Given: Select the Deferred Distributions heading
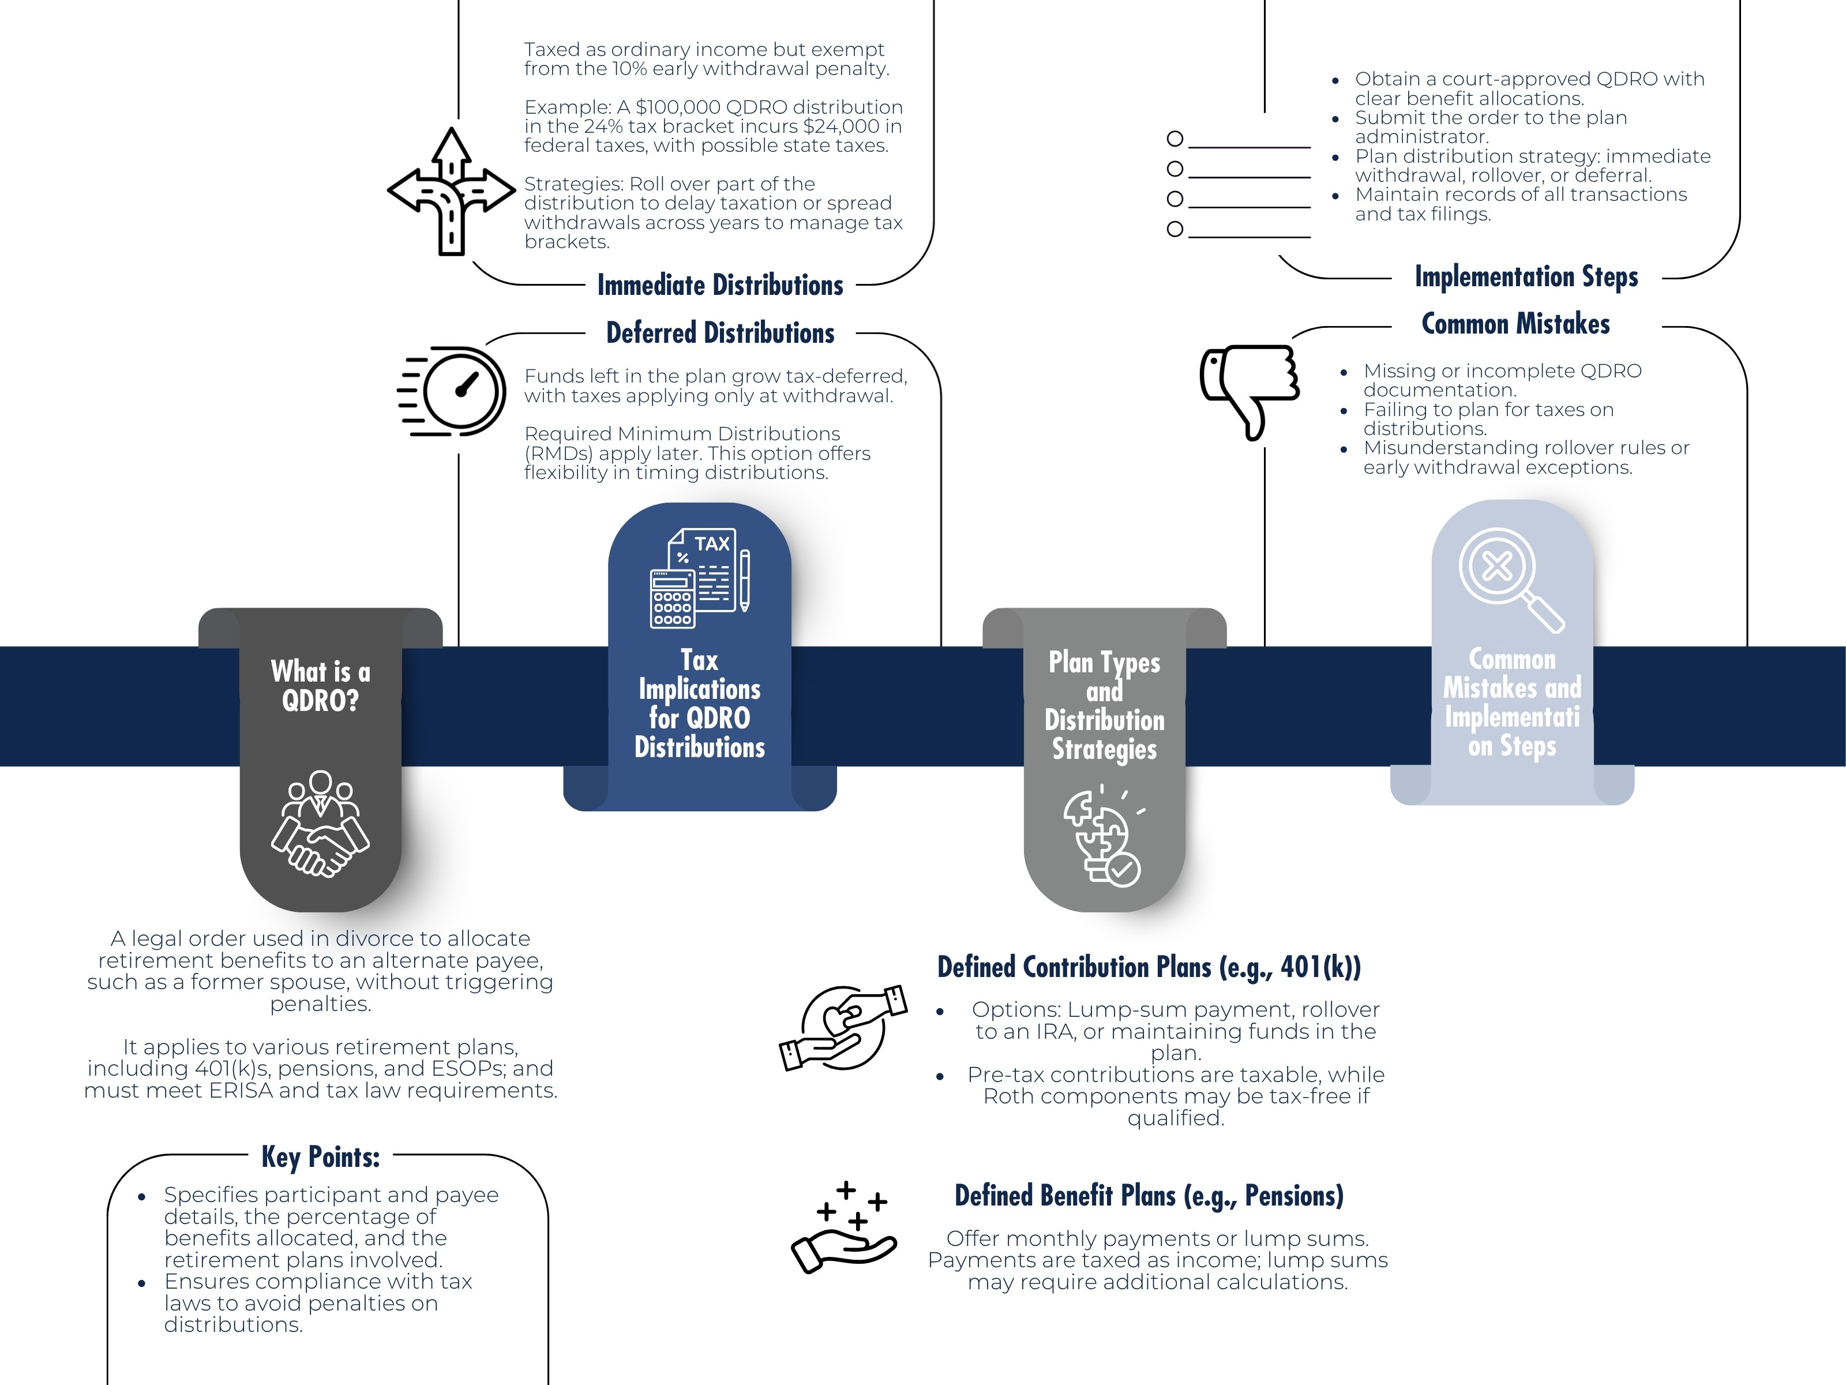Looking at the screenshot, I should pos(720,333).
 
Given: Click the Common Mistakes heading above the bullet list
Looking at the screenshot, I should pos(1515,324).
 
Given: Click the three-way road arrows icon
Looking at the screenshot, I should pos(452,192).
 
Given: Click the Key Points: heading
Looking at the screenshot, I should pos(321,1157).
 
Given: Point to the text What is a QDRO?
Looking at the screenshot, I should pos(321,686).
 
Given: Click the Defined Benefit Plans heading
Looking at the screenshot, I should pos(1149,1196).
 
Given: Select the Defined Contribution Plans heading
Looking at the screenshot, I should pos(1149,967).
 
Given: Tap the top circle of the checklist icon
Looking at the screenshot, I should pos(1175,138).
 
